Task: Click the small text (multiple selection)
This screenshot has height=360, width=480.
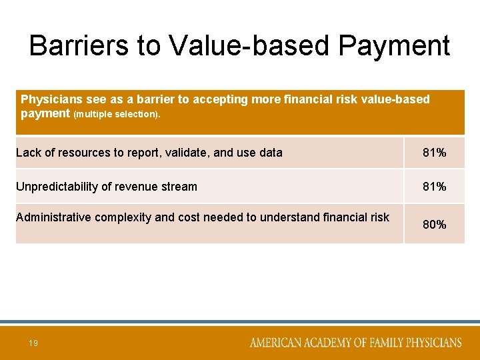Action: point(117,114)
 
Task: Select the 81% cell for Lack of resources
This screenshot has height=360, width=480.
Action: point(434,153)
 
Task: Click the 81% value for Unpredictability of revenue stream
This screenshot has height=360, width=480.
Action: point(434,187)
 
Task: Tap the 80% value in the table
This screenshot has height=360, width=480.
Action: point(434,225)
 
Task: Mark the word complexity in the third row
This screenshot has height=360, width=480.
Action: point(123,217)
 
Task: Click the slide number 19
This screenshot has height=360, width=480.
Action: point(33,343)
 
